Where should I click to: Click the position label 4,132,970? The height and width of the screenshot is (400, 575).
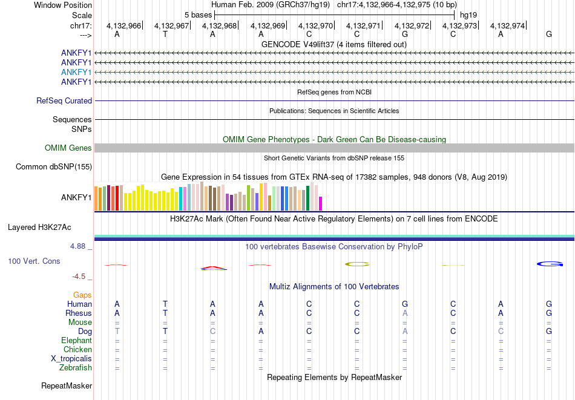point(315,25)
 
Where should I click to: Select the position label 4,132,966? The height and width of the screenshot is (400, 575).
point(123,25)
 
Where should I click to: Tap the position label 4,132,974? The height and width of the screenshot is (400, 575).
point(507,25)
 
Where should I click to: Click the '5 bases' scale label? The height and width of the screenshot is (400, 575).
point(199,15)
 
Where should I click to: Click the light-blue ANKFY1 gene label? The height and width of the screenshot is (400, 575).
point(76,72)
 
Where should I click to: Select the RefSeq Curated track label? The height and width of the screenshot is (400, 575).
point(64,101)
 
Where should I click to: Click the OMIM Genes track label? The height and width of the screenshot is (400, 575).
point(68,148)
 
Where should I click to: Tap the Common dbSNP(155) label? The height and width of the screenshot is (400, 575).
point(54,167)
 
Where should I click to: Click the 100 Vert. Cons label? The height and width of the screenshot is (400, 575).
point(34,261)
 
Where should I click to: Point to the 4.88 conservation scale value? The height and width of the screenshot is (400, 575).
point(79,246)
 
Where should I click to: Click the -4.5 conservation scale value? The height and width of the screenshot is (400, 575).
point(79,277)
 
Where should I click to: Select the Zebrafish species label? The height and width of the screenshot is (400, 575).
point(76,368)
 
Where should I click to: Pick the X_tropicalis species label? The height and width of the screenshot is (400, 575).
point(71,359)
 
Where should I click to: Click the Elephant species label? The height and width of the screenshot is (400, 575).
point(77,341)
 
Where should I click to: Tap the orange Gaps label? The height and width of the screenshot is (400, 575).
point(82,295)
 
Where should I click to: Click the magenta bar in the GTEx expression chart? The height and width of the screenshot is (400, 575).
point(321,203)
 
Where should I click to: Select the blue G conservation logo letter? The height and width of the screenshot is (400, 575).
point(550,264)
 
